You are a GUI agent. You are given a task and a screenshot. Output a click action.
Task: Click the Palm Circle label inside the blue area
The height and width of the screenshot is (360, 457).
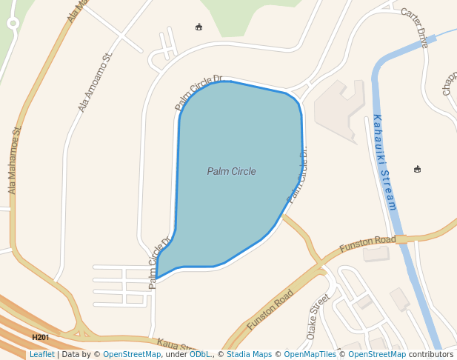tap(231, 172)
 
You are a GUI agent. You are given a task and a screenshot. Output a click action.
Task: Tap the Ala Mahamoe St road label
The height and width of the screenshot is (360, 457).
tap(15, 160)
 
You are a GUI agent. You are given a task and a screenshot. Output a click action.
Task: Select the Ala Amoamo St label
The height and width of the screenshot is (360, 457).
tap(95, 82)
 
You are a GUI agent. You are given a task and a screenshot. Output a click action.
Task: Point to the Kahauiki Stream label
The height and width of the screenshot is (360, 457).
tap(384, 162)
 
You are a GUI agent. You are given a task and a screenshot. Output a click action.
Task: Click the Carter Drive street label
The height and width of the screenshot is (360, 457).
tap(414, 27)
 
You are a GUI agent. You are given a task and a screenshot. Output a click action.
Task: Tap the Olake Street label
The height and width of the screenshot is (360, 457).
tap(318, 316)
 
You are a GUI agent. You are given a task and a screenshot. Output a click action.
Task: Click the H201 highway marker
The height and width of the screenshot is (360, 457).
tap(40, 338)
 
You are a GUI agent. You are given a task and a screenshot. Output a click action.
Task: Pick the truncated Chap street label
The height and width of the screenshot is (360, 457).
tap(449, 84)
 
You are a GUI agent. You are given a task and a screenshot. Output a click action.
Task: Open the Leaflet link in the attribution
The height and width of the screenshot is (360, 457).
tap(41, 355)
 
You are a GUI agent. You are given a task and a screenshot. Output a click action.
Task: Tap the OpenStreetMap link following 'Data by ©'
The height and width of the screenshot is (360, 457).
tap(132, 355)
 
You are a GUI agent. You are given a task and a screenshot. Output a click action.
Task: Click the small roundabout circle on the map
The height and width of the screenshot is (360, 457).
tap(13, 23)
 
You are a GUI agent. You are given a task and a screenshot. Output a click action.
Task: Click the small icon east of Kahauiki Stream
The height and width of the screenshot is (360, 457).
tap(417, 170)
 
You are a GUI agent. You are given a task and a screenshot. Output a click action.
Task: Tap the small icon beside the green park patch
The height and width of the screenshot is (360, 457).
tap(199, 27)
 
